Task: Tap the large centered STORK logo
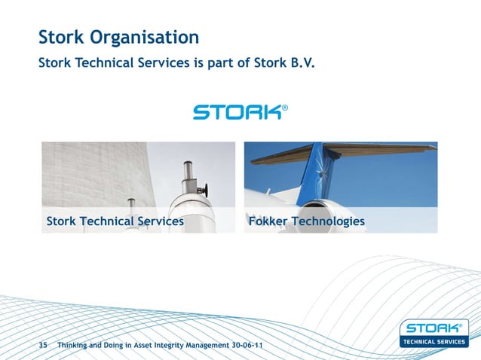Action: coord(237,112)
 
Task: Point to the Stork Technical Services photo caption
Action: coord(115,221)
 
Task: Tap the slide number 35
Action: coord(43,344)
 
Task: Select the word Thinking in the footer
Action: coord(75,344)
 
